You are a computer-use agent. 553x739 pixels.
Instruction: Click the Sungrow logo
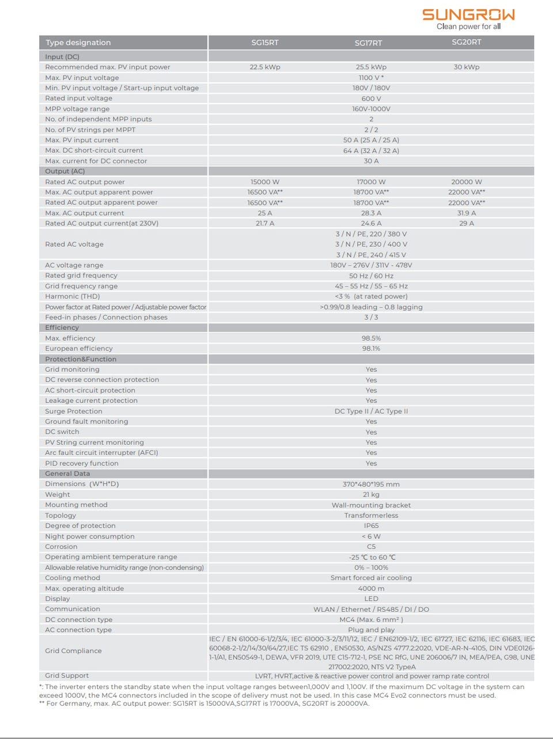pos(468,18)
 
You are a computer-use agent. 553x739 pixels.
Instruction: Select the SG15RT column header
pos(265,43)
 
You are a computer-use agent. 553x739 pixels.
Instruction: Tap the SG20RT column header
pos(467,42)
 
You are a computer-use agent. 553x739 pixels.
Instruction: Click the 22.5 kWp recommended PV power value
pos(265,67)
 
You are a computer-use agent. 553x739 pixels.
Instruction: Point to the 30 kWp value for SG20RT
pos(467,67)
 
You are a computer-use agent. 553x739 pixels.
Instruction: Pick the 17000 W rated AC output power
pos(371,182)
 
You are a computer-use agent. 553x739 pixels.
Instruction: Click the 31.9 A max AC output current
pos(467,213)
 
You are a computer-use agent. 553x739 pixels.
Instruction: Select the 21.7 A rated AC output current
pos(265,223)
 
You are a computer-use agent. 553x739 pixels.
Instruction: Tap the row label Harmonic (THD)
pos(73,296)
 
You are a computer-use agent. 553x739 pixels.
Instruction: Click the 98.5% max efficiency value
pos(371,338)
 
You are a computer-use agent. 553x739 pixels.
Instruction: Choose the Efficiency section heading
pos(62,327)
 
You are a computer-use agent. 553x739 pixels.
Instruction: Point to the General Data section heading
pos(67,474)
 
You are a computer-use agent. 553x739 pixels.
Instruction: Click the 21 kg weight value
pos(371,495)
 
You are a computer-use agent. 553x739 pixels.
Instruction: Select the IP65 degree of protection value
pos(371,526)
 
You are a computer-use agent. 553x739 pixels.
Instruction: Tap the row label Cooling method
pos(73,578)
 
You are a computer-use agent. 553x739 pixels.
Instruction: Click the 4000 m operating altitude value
pos(371,589)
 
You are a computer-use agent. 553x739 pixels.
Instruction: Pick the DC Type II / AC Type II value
pos(371,412)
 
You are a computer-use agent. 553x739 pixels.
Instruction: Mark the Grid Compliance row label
pos(73,651)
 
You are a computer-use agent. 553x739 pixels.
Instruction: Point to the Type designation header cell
pos(78,43)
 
